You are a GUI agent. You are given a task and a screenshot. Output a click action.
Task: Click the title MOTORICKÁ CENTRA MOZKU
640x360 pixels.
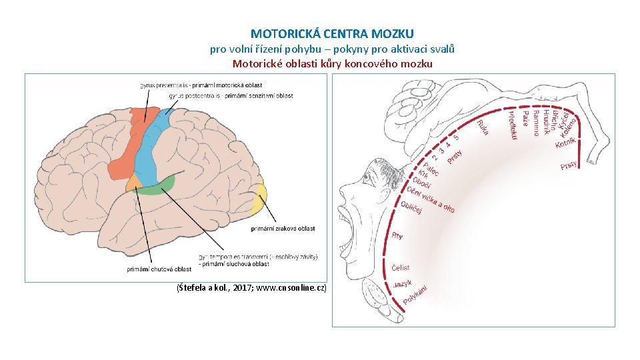[332, 33]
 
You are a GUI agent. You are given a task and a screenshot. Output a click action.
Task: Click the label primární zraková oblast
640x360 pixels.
[283, 229]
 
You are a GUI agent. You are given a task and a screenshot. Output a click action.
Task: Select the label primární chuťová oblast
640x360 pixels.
[159, 269]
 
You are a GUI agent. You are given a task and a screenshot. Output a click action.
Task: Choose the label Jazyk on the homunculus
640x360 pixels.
[403, 283]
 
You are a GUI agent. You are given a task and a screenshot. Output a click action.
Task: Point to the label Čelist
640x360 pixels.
[401, 267]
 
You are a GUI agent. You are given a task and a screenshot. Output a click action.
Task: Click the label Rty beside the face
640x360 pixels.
[397, 235]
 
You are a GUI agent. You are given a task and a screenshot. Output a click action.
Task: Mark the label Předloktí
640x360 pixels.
[512, 125]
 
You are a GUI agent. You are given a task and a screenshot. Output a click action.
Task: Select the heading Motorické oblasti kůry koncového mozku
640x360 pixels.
[332, 64]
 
